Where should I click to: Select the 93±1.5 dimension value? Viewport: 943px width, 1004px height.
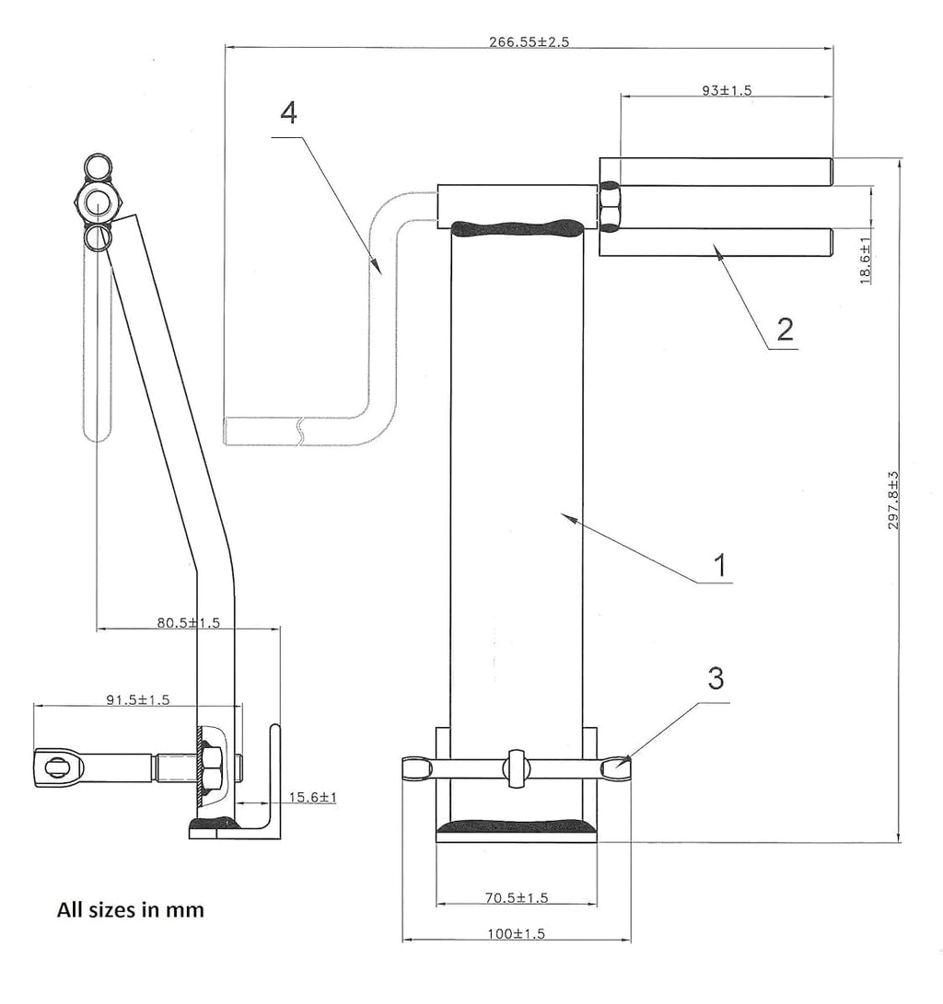727,90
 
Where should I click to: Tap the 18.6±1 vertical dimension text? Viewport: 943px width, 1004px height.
866,260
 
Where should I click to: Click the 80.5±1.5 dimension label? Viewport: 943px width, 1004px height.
188,623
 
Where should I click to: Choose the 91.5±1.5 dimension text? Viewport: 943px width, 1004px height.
137,699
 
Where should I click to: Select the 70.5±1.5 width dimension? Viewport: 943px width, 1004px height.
516,897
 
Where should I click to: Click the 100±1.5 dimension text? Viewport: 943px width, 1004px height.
516,933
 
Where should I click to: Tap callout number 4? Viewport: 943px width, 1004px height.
288,113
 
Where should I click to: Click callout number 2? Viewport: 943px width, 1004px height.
784,329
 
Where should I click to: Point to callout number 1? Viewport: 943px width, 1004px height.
721,564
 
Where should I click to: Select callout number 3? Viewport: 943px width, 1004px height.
716,679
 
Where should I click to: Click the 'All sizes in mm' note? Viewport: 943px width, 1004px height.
131,910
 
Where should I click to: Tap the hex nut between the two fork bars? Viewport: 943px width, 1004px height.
611,206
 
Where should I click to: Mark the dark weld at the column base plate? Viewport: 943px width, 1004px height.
516,827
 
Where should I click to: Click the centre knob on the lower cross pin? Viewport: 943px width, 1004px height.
516,768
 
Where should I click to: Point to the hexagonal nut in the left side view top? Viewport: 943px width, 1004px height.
97,202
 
